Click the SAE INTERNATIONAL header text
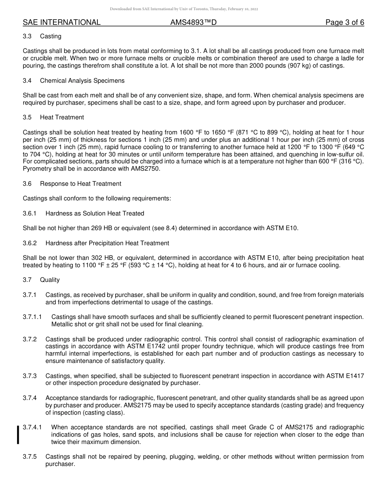tap(62, 22)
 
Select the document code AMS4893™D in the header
tap(193, 22)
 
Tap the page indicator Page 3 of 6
tap(345, 22)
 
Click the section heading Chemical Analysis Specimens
tap(82, 81)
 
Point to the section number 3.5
tap(27, 117)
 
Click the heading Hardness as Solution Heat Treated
tap(95, 213)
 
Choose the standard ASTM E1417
tap(345, 376)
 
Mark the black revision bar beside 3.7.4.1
tap(18, 435)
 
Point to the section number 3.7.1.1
tap(32, 317)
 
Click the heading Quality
tap(50, 280)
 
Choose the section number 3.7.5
tap(30, 457)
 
